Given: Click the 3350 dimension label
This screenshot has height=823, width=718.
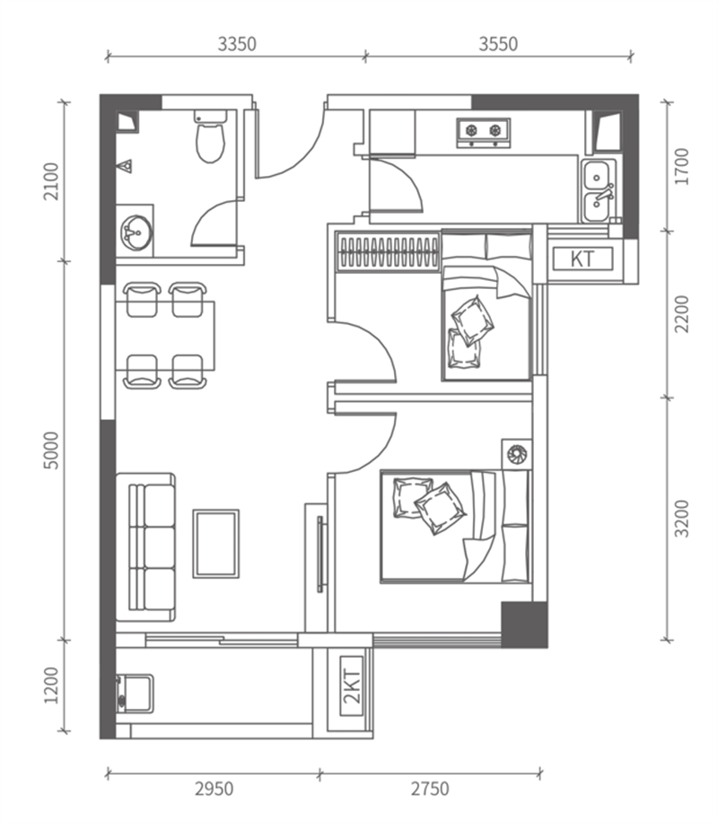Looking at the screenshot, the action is point(237,44).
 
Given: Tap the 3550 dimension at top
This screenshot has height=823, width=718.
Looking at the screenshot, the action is point(498,44).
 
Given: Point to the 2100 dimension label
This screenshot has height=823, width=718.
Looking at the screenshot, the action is point(52,181).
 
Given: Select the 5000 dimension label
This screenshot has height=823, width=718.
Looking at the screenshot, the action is point(52,451).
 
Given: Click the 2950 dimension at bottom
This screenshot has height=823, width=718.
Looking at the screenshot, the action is point(215,788).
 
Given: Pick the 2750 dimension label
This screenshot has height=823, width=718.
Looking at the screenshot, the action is point(430,788).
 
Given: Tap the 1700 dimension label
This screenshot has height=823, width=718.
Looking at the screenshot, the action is point(682,166).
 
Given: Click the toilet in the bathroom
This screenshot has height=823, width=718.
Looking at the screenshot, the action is point(210,136).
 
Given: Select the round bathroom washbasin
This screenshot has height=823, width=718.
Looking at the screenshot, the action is point(136,232).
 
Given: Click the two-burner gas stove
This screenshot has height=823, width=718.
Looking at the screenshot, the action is point(484,132).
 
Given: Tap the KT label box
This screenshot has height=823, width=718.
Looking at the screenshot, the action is point(582,258).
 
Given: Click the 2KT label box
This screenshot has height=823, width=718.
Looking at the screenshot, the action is point(352,686).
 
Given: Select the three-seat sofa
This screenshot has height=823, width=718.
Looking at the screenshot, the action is point(145,547).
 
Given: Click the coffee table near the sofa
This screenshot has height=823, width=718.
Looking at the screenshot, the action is point(215,544).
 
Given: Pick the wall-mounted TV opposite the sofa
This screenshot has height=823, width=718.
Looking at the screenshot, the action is point(320,555).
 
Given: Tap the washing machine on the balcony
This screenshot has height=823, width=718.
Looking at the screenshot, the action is point(135,694).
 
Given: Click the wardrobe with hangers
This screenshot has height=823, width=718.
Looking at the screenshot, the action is point(388,251).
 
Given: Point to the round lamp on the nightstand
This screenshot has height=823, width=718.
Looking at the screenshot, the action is point(517,454).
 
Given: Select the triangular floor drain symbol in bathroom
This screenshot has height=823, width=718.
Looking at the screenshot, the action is point(126,166).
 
